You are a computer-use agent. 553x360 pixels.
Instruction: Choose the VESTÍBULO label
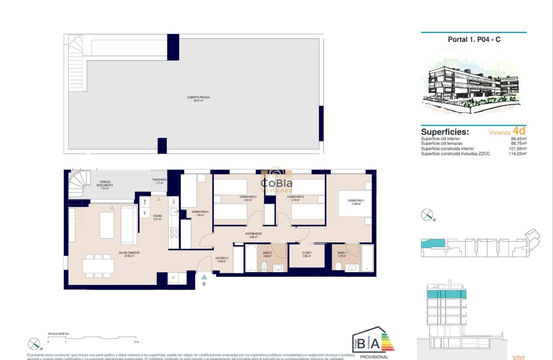222,259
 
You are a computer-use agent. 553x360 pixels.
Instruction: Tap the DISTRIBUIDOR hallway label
253,235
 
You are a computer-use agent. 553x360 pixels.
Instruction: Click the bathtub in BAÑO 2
251,258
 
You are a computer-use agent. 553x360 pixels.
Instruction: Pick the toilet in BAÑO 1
339,267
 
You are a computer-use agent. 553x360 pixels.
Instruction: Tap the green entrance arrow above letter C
204,277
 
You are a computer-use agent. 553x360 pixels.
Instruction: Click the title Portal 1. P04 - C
474,39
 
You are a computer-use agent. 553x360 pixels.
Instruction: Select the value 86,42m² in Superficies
518,139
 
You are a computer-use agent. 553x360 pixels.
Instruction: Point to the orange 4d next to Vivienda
519,131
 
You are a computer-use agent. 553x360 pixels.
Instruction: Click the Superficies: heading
445,132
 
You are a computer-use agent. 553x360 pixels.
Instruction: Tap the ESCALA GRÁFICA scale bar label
58,333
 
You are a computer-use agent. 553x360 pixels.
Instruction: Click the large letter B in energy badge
362,344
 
